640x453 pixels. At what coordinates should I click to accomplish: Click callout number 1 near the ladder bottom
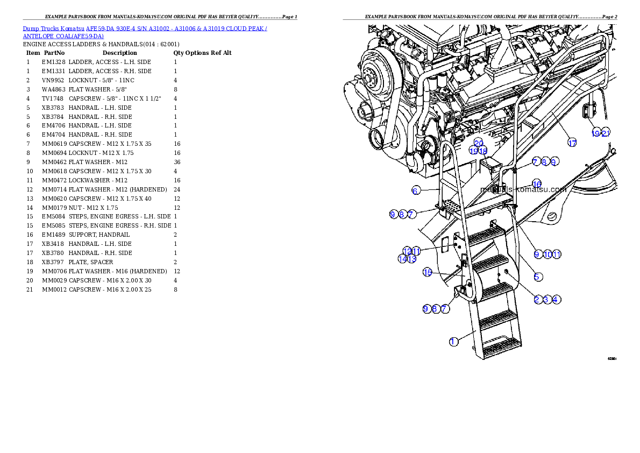click(x=454, y=342)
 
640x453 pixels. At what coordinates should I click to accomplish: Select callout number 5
click(x=537, y=277)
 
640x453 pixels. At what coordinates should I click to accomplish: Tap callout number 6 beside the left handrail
click(x=416, y=190)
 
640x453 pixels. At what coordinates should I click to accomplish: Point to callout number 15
click(x=428, y=272)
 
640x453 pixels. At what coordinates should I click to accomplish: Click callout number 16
click(x=537, y=184)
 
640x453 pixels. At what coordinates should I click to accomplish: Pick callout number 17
click(x=572, y=143)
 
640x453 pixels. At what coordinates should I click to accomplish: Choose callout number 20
click(x=478, y=143)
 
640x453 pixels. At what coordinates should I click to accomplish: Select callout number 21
click(x=606, y=133)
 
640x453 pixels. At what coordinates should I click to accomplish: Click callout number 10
click(x=547, y=254)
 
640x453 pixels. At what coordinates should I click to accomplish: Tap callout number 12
click(x=407, y=251)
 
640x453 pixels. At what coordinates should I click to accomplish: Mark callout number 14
click(x=402, y=259)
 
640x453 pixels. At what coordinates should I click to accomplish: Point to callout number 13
click(x=412, y=259)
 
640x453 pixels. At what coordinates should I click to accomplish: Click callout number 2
click(x=537, y=299)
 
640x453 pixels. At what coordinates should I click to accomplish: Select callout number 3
click(x=547, y=299)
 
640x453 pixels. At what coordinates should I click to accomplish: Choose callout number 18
click(x=483, y=151)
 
